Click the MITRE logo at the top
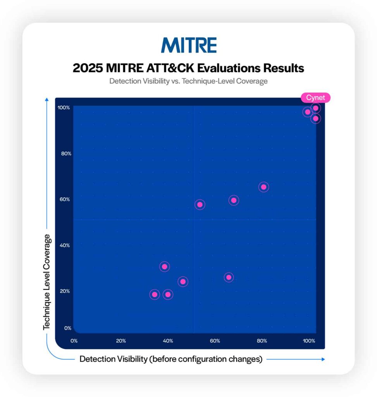point(189,45)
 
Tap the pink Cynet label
point(315,97)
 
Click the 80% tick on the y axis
point(66,154)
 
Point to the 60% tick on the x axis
point(215,341)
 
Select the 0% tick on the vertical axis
point(67,328)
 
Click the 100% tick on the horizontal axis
point(309,341)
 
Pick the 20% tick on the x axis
point(121,341)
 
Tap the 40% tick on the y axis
point(65,245)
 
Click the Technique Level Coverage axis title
point(46,282)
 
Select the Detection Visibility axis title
point(171,359)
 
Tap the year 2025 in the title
point(88,68)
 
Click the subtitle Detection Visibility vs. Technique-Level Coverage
point(188,81)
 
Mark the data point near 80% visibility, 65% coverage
point(263,187)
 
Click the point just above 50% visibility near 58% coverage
point(200,205)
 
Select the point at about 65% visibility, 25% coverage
point(229,278)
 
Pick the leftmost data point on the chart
point(155,295)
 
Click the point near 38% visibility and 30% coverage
point(164,267)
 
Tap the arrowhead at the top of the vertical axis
point(47,99)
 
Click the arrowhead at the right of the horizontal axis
point(323,359)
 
